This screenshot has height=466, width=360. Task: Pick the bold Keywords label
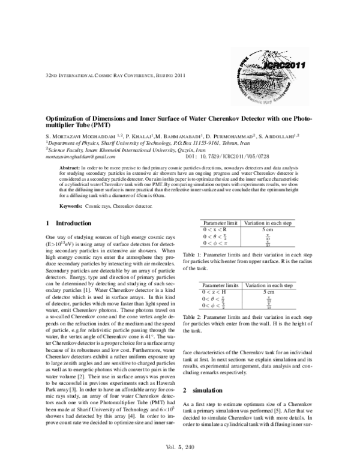[x=70, y=205]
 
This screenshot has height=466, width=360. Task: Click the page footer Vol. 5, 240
[x=180, y=447]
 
